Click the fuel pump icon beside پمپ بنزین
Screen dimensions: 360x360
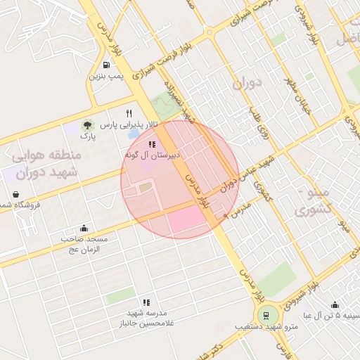click(94, 64)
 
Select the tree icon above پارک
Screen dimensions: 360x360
click(87, 124)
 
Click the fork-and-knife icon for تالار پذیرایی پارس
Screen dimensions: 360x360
click(129, 113)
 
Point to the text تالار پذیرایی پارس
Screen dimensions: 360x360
click(129, 125)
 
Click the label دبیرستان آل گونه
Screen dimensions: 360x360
click(153, 154)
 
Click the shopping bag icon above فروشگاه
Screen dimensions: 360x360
click(15, 194)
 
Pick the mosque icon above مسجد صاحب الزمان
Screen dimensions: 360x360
click(84, 228)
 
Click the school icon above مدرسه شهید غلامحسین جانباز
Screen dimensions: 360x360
click(146, 302)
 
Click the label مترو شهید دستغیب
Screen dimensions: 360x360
click(266, 328)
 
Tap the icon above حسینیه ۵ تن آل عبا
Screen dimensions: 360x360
click(335, 304)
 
